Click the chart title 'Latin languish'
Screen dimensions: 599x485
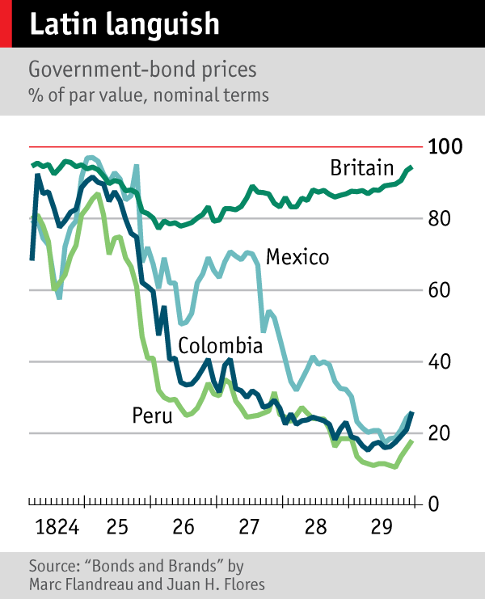tap(124, 24)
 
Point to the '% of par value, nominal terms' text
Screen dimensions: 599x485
tap(148, 95)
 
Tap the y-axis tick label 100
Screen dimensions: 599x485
tap(445, 147)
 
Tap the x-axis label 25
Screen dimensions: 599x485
tap(117, 529)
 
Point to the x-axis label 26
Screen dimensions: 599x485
tap(183, 529)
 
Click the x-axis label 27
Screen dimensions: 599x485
tap(250, 529)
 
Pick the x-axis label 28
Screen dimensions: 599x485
tap(316, 529)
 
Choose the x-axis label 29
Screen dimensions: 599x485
tap(382, 529)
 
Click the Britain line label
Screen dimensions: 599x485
tap(361, 167)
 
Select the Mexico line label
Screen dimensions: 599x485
tap(297, 258)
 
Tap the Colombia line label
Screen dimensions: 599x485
tap(220, 347)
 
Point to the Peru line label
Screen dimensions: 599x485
tap(153, 416)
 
